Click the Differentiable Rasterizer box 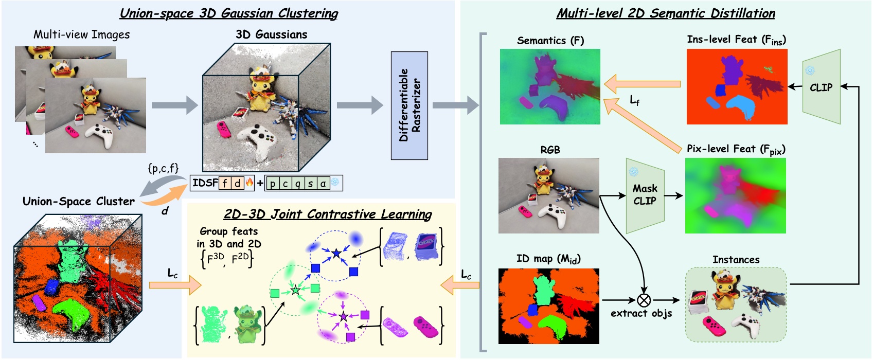pyautogui.click(x=409, y=105)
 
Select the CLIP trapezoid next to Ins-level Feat pyautogui.click(x=822, y=87)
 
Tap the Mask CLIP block pyautogui.click(x=645, y=195)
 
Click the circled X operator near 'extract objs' pyautogui.click(x=644, y=300)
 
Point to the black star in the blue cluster pyautogui.click(x=336, y=253)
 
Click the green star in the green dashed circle pyautogui.click(x=295, y=291)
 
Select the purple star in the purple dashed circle pyautogui.click(x=343, y=316)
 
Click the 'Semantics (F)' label pyautogui.click(x=550, y=41)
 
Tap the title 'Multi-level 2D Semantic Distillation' pyautogui.click(x=665, y=13)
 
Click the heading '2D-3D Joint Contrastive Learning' pyautogui.click(x=328, y=214)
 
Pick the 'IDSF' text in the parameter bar pyautogui.click(x=205, y=183)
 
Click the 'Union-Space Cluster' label pyautogui.click(x=78, y=202)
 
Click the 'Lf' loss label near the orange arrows pyautogui.click(x=635, y=101)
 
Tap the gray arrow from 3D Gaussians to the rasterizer pyautogui.click(x=360, y=105)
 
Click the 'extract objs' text pyautogui.click(x=641, y=313)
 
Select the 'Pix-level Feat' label pyautogui.click(x=735, y=149)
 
